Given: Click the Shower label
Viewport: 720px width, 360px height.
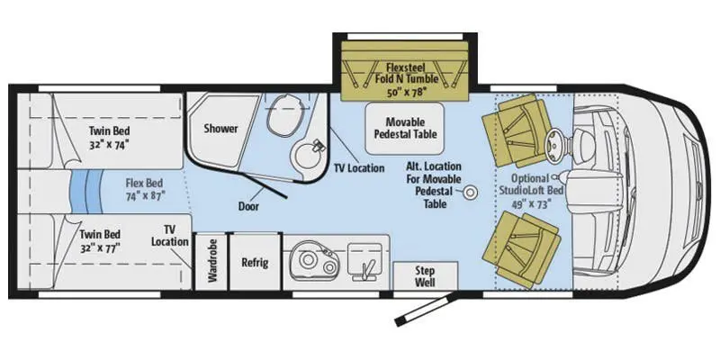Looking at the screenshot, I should [x=220, y=128].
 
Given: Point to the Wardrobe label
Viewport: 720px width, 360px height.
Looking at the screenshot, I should [x=212, y=262].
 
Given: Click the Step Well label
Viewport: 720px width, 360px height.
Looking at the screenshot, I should [x=426, y=274].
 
